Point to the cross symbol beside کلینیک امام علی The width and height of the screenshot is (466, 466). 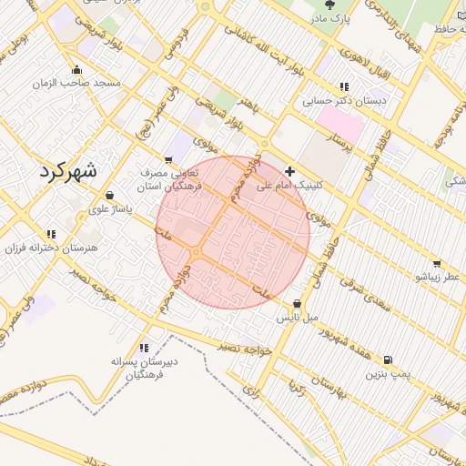(289, 170)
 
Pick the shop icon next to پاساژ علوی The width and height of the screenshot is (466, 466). (109, 195)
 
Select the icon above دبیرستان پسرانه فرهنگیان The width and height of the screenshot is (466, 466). (144, 347)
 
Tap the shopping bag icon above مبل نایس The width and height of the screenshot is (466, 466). (298, 304)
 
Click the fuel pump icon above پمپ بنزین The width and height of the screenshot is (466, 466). (389, 360)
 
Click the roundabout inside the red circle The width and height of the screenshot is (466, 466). (196, 252)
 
